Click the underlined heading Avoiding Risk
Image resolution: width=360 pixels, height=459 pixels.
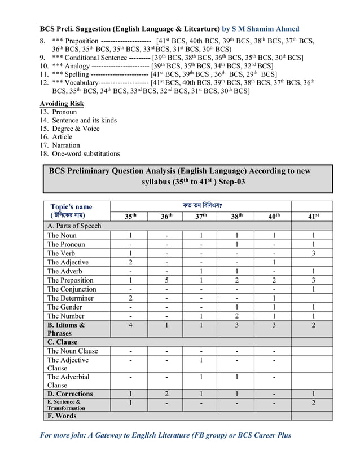pyautogui.click(x=62, y=104)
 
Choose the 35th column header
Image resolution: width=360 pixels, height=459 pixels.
pyautogui.click(x=130, y=216)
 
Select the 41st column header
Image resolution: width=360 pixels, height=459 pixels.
pyautogui.click(x=313, y=216)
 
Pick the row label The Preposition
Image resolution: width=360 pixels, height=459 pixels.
pyautogui.click(x=71, y=280)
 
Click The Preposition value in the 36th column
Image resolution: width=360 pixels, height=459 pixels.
pyautogui.click(x=166, y=280)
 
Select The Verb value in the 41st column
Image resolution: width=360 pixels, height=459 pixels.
pyautogui.click(x=313, y=253)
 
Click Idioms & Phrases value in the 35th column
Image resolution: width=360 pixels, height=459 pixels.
pyautogui.click(x=130, y=325)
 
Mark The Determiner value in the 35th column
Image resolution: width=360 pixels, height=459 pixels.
pyautogui.click(x=130, y=298)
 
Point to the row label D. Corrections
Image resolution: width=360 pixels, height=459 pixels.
pyautogui.click(x=70, y=394)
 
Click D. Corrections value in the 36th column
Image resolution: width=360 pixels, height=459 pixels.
pyautogui.click(x=166, y=394)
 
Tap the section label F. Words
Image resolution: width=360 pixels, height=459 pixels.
pyautogui.click(x=62, y=416)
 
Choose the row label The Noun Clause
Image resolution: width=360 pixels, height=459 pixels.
pyautogui.click(x=73, y=351)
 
